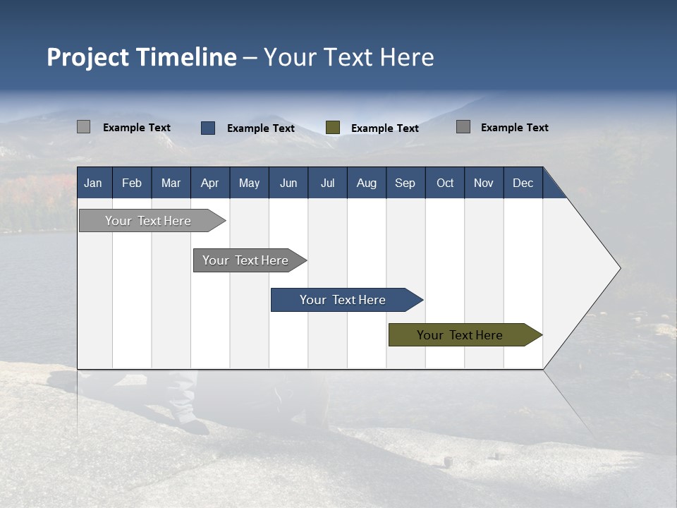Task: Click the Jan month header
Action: click(x=93, y=183)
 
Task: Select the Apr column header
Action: click(x=209, y=183)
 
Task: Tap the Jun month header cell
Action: click(x=288, y=183)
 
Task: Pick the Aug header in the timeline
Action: click(x=366, y=183)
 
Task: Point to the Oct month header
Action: click(x=444, y=183)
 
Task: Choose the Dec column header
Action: click(x=523, y=183)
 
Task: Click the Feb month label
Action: click(x=131, y=183)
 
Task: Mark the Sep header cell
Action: click(x=405, y=183)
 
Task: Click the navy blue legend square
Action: click(x=208, y=128)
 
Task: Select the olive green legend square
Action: click(x=333, y=128)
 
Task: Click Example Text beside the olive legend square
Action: click(x=384, y=128)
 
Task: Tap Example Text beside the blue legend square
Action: click(x=260, y=128)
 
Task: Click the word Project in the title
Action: click(x=87, y=57)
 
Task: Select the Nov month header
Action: click(x=483, y=183)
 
